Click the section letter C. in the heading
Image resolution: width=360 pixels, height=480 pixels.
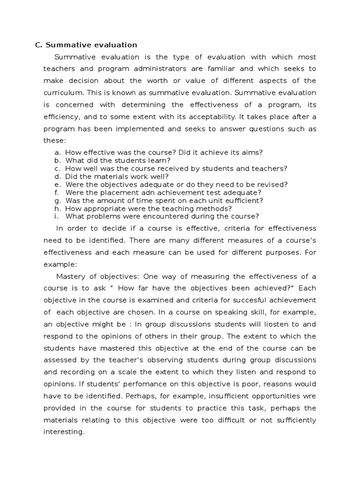tap(39, 45)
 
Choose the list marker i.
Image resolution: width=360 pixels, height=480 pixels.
tap(56, 216)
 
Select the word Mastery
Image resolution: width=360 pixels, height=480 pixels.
tap(70, 276)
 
